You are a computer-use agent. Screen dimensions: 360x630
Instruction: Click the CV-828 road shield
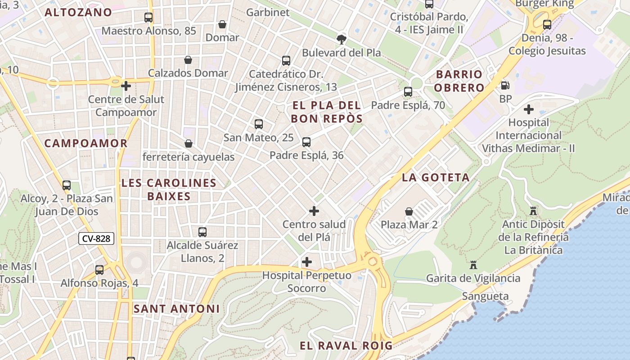(96, 238)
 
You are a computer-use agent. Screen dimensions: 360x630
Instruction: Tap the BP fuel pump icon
(505, 85)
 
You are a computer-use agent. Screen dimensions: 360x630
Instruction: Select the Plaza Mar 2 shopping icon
(409, 211)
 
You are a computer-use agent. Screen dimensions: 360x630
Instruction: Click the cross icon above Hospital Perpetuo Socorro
(307, 261)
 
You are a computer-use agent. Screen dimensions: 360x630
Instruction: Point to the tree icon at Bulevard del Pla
(342, 39)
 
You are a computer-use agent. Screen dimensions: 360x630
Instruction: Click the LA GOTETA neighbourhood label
(436, 177)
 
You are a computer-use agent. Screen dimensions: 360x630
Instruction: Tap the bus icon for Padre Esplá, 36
(306, 142)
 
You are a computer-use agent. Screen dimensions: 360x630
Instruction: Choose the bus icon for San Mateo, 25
(258, 124)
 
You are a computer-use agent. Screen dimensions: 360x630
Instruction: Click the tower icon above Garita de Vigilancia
(473, 265)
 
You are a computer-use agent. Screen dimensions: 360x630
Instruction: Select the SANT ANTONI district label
(176, 309)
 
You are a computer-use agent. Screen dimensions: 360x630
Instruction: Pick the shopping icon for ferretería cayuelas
(189, 144)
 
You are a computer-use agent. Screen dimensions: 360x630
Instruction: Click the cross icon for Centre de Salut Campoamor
(126, 85)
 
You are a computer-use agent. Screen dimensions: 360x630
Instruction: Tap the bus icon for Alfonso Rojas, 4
(99, 270)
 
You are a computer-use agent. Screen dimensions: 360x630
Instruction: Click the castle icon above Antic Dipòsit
(533, 211)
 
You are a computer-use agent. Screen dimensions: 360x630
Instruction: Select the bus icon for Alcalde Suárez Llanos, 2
(202, 232)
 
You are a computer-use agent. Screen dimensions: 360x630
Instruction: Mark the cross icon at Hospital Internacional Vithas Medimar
(529, 109)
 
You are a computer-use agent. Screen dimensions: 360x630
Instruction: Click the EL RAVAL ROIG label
(346, 346)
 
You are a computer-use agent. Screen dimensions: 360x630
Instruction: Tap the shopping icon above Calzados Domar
(188, 60)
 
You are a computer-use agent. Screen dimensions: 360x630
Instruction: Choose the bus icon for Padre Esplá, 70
(408, 92)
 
